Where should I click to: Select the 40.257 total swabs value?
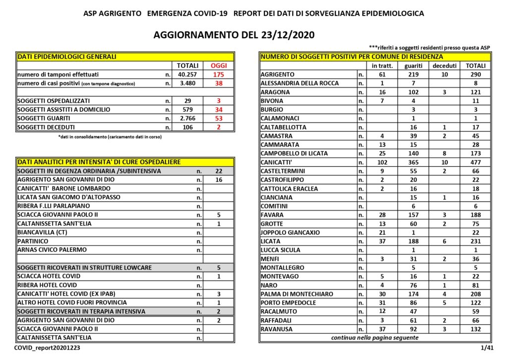[x=188, y=74]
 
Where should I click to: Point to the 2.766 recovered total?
[x=188, y=118]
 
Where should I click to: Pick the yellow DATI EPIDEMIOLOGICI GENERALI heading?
[x=67, y=57]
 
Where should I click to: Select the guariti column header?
[x=413, y=66]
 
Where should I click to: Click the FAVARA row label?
[x=272, y=215]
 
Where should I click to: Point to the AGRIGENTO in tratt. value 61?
[x=382, y=74]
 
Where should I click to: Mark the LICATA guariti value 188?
[x=413, y=241]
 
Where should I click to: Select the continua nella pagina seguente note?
[x=375, y=338]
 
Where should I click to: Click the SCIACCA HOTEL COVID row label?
[x=49, y=276]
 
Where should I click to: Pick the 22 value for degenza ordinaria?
[x=218, y=171]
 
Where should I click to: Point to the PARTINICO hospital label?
[x=34, y=241]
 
